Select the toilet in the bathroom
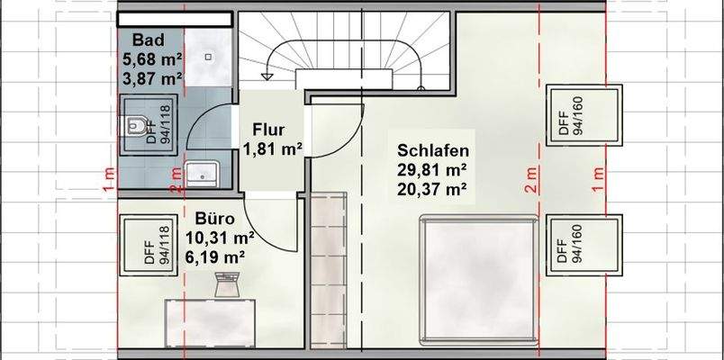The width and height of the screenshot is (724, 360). pyautogui.click(x=137, y=128)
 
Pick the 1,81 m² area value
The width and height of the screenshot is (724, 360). pyautogui.click(x=271, y=148)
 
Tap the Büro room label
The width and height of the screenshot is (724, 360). pyautogui.click(x=215, y=219)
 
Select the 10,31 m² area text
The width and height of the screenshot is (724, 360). pyautogui.click(x=220, y=238)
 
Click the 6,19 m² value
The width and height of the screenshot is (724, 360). pyautogui.click(x=215, y=257)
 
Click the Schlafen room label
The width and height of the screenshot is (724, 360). pyautogui.click(x=431, y=150)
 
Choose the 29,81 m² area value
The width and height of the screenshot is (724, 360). pyautogui.click(x=431, y=169)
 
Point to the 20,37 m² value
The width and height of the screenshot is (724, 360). pyautogui.click(x=431, y=189)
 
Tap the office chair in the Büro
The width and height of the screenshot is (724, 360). pyautogui.click(x=225, y=285)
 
